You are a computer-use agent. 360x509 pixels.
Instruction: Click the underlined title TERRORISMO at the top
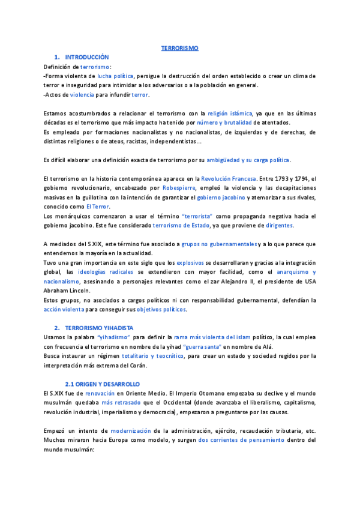(180, 47)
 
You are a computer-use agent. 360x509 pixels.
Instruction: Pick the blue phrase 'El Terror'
(97, 206)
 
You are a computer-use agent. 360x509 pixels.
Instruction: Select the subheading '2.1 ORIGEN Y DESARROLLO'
(102, 384)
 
